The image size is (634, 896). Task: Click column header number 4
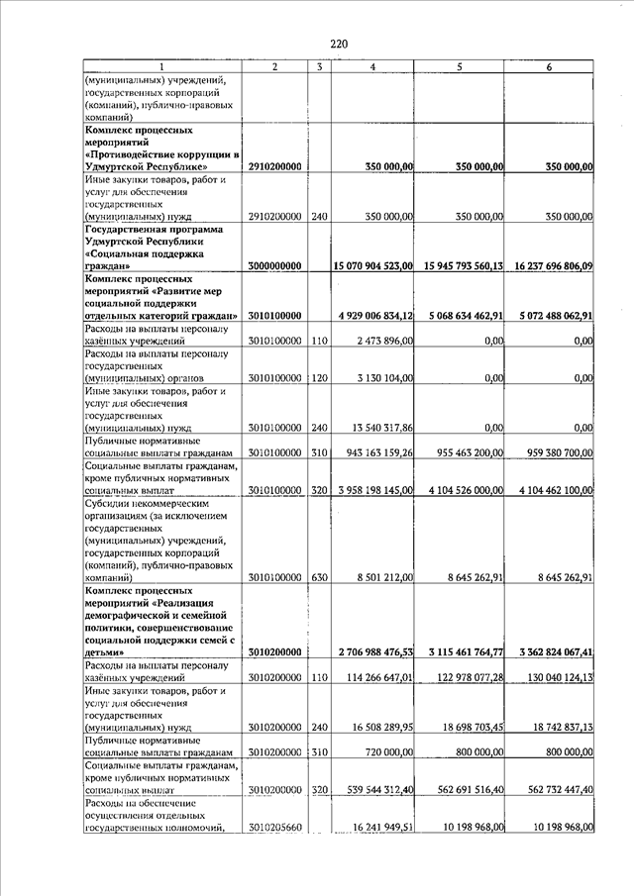point(371,66)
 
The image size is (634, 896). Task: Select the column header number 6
point(549,66)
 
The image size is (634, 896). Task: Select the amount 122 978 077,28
point(463,676)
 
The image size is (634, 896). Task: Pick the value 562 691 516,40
point(463,789)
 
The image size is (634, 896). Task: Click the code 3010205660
point(274,827)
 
